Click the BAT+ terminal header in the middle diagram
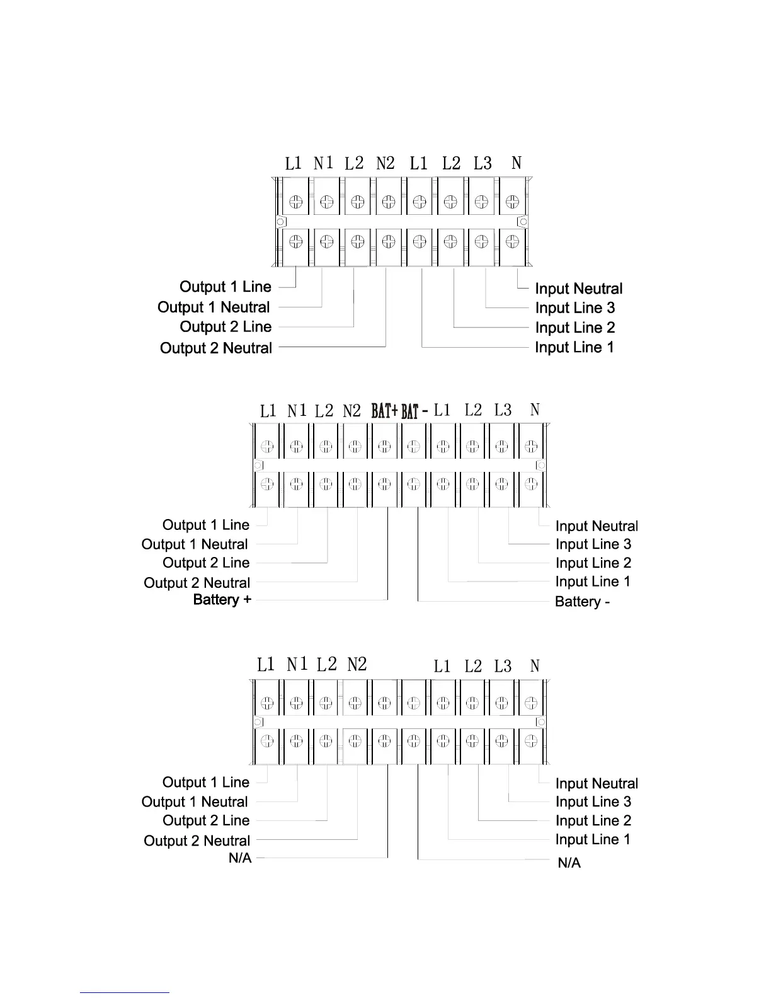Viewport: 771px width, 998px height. click(384, 411)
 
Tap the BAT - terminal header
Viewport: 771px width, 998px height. click(414, 412)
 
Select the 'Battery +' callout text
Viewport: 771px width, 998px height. click(222, 600)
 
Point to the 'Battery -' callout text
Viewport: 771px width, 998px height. click(582, 602)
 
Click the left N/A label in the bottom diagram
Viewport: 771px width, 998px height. click(240, 858)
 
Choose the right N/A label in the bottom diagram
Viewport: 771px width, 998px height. click(569, 863)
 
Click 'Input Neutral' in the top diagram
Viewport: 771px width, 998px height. click(578, 289)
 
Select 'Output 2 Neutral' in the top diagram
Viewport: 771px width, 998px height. click(216, 348)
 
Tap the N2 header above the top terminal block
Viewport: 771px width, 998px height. click(385, 164)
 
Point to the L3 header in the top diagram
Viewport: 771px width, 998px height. click(483, 164)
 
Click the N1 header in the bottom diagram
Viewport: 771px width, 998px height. click(297, 665)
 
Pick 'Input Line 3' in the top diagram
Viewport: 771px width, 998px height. click(574, 308)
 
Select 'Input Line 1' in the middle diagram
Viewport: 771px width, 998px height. click(593, 582)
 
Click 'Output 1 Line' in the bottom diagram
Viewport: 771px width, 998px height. click(206, 783)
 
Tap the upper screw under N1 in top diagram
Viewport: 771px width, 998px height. click(326, 202)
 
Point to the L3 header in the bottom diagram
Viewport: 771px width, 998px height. click(503, 667)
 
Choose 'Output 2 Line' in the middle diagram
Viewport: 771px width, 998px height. click(206, 563)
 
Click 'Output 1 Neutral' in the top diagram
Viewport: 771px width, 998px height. click(214, 307)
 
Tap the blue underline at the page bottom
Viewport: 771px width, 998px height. click(125, 993)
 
